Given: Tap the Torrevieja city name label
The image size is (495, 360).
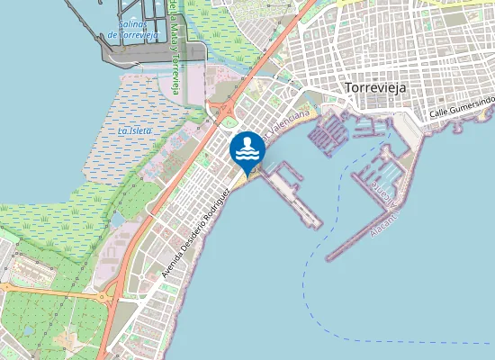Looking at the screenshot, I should [375, 87].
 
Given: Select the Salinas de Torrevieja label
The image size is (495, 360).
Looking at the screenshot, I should [133, 28].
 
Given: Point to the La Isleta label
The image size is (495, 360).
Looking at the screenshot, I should [135, 130].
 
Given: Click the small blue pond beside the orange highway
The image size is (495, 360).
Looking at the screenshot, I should [117, 219].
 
